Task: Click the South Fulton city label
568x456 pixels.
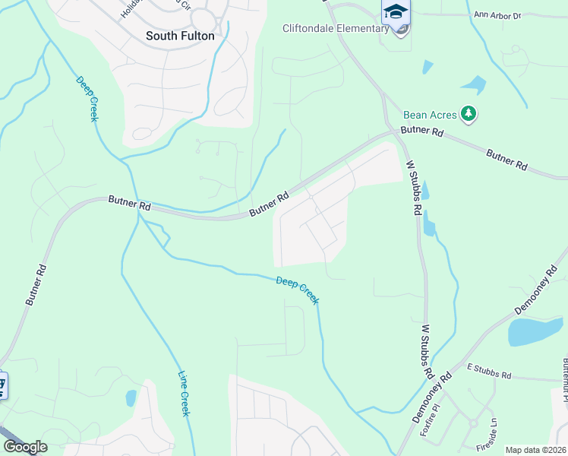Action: click(180, 36)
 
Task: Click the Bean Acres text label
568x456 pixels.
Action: click(430, 115)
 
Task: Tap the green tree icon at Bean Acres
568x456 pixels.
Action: click(470, 115)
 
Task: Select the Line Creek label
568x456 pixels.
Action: click(184, 393)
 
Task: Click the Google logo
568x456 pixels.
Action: click(25, 447)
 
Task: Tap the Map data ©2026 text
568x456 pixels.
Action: click(535, 450)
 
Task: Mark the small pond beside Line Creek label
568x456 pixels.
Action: click(131, 397)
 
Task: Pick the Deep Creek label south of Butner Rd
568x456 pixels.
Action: click(297, 290)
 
